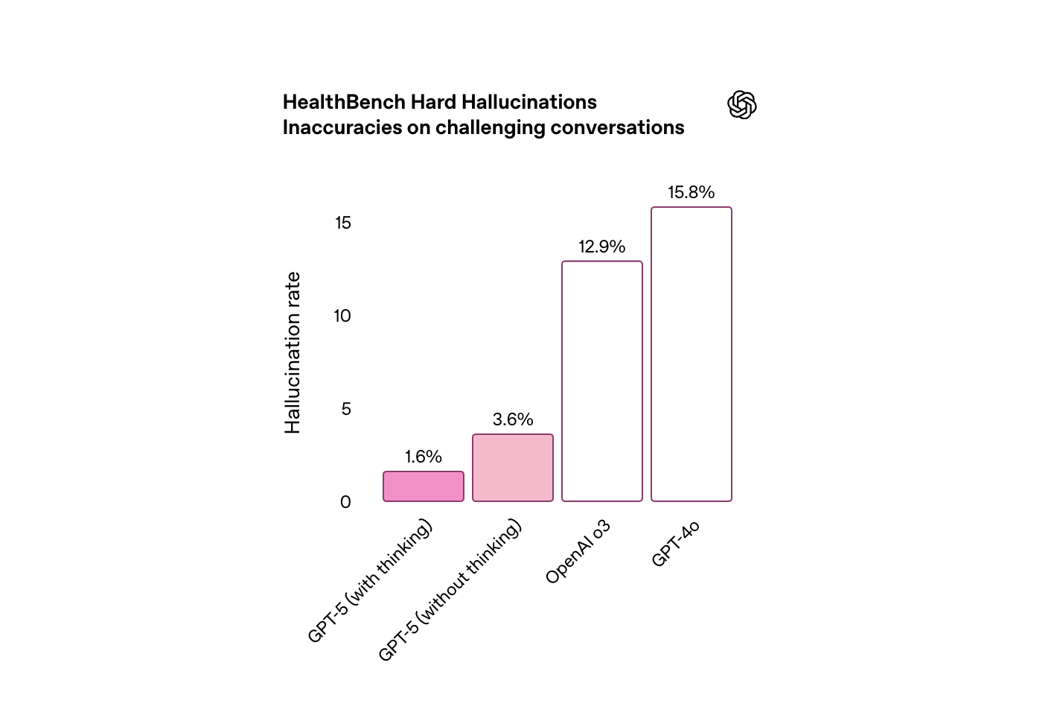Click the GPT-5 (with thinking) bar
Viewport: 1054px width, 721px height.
pos(424,486)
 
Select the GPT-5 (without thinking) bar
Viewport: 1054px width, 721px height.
pos(513,468)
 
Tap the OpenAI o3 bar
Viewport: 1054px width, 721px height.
pos(602,381)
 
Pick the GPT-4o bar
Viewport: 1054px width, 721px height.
pos(692,355)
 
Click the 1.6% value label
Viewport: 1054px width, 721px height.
pos(424,457)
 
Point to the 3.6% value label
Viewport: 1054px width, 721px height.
pos(513,419)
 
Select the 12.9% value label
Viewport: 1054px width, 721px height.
pos(602,247)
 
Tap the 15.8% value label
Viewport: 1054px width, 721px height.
pos(692,192)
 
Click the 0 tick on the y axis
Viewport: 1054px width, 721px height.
pos(345,502)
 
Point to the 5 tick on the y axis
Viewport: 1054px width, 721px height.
pos(346,409)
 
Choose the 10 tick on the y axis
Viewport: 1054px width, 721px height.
pos(342,316)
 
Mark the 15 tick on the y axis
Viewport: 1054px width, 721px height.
pos(342,223)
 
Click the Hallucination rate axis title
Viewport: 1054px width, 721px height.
pos(293,353)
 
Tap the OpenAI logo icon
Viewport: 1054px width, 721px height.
pos(742,105)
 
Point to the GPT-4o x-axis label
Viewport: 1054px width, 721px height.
pos(676,544)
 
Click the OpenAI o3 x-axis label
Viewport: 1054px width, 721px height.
pos(578,552)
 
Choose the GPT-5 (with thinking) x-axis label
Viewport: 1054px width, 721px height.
pos(370,582)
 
